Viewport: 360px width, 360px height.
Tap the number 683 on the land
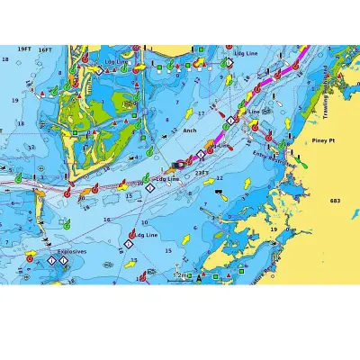click(336, 201)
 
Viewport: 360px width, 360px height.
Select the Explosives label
click(72, 252)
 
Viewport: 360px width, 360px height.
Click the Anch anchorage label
click(189, 130)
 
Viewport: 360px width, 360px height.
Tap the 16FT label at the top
click(46, 50)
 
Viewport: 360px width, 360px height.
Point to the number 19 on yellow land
click(274, 230)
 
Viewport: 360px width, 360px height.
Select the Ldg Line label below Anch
click(168, 179)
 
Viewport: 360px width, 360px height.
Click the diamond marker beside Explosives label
click(52, 260)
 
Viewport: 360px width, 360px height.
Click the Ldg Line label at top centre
click(246, 53)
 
